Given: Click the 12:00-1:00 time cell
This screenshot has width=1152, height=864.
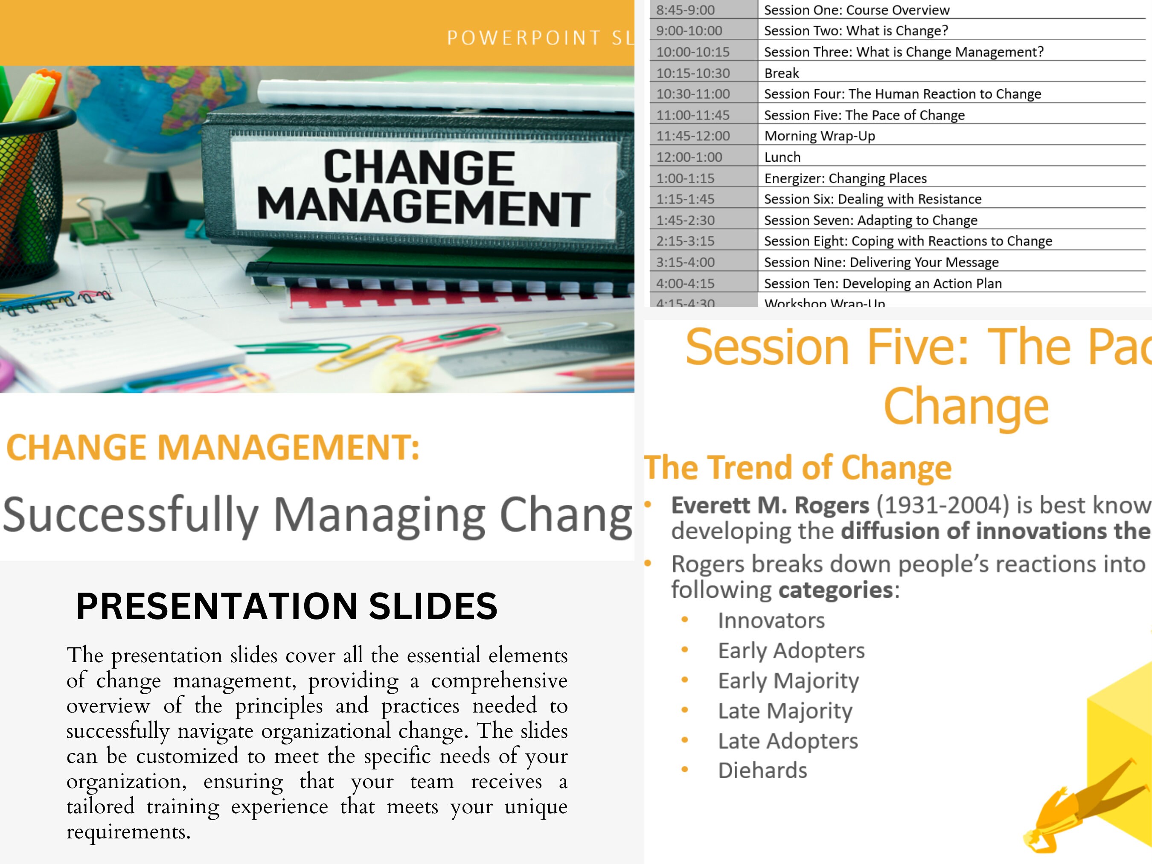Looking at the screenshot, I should pyautogui.click(x=689, y=157).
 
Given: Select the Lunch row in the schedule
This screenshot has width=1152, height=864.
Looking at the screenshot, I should pyautogui.click(x=782, y=157).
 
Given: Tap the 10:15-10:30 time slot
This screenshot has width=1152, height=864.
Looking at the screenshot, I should pyautogui.click(x=692, y=73).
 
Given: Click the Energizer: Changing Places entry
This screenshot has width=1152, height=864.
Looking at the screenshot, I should pyautogui.click(x=845, y=178).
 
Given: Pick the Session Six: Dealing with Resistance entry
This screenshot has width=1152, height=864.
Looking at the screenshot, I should pyautogui.click(x=873, y=199).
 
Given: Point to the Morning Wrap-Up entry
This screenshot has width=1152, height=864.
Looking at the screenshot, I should pyautogui.click(x=819, y=136).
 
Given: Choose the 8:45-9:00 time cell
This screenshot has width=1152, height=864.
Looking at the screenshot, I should pyautogui.click(x=685, y=10).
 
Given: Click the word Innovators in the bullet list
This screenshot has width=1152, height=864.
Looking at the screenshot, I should pyautogui.click(x=771, y=620).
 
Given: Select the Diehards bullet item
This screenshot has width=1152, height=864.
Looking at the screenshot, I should pyautogui.click(x=762, y=770).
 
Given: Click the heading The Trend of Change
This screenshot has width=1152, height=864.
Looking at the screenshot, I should pyautogui.click(x=797, y=467).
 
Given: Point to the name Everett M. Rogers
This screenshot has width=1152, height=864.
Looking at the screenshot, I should pyautogui.click(x=770, y=505).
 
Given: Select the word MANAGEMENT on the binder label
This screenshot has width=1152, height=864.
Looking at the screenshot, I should pyautogui.click(x=423, y=207).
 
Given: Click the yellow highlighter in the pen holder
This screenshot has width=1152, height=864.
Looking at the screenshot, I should pyautogui.click(x=31, y=96).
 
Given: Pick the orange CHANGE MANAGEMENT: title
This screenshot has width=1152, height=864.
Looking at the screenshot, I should pyautogui.click(x=212, y=448).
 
